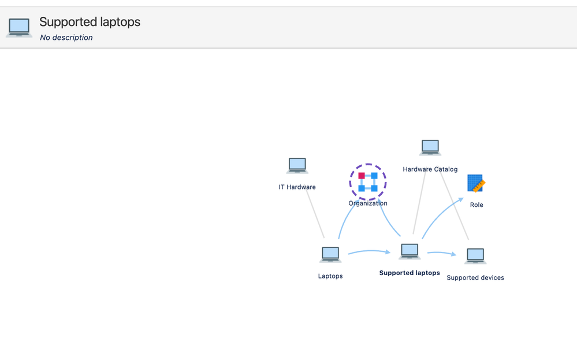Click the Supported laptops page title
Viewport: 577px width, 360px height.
pos(90,22)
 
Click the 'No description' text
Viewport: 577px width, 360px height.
pos(66,38)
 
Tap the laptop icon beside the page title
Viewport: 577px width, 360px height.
pos(19,27)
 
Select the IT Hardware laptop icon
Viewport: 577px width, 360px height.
pos(297,166)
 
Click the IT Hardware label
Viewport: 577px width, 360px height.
pos(297,187)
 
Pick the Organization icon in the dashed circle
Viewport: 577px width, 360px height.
pos(368,182)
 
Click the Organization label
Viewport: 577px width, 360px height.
pos(368,203)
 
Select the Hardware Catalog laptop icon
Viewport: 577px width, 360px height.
pos(430,148)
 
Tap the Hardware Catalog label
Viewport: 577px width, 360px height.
pos(430,169)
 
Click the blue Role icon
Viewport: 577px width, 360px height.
pos(476,184)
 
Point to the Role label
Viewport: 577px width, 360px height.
pos(477,205)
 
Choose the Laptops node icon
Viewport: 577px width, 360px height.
pos(330,255)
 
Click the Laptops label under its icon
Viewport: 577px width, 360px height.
pos(330,276)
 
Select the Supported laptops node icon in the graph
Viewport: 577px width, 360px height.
pos(410,251)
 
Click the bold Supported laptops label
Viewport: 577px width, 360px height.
pos(410,273)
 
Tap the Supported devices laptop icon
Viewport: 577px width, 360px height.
pos(475,256)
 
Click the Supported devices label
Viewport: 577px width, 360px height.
pos(475,278)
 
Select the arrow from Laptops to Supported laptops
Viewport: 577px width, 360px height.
pos(370,251)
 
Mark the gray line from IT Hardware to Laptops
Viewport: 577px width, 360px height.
pos(315,214)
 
